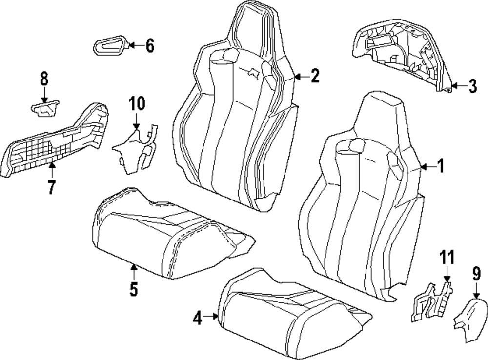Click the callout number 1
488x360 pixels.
pos(440,167)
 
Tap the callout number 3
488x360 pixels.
pos(472,86)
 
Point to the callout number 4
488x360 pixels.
pos(197,318)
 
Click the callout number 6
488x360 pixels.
pos(149,46)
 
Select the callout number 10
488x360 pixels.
pos(137,104)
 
